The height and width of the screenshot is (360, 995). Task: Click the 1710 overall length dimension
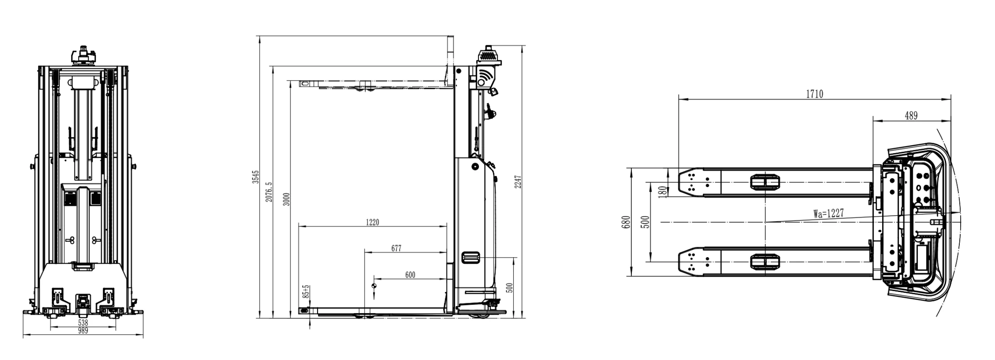(x=814, y=94)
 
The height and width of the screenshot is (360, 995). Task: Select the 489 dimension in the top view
(x=911, y=116)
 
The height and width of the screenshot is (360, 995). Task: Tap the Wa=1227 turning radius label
(x=828, y=213)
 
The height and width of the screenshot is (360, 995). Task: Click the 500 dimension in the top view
(x=645, y=222)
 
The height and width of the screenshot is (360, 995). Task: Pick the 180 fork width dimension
(x=663, y=191)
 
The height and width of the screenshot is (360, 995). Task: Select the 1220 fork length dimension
(x=372, y=222)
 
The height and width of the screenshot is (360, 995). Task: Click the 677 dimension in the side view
(x=396, y=248)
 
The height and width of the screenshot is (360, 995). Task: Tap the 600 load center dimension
(x=410, y=275)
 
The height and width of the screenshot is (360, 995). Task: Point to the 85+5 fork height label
(x=306, y=292)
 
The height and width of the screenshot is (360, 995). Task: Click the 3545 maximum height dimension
(x=256, y=177)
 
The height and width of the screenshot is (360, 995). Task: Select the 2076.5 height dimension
(x=269, y=192)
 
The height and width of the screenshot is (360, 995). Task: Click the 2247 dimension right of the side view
(x=518, y=182)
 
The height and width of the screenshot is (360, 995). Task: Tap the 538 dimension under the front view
(x=83, y=322)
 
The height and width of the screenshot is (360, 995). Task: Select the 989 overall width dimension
(x=83, y=331)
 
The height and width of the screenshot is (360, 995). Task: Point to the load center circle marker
(x=374, y=285)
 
